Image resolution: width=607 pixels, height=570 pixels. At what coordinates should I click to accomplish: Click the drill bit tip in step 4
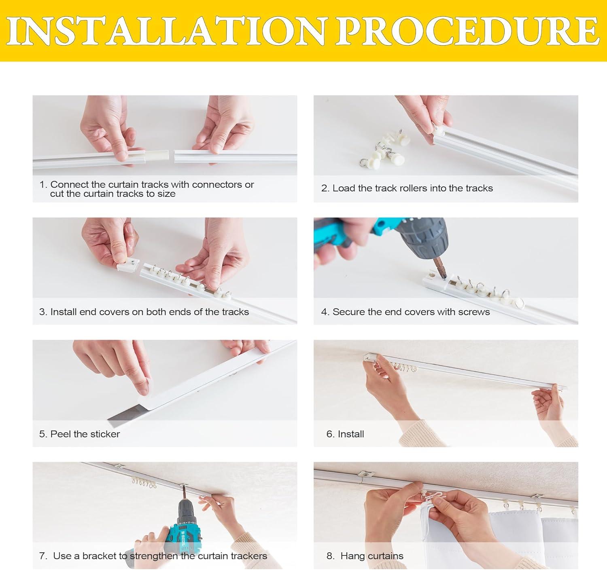tap(444, 278)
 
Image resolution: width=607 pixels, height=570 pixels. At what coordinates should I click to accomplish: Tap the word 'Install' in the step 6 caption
tap(351, 434)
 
